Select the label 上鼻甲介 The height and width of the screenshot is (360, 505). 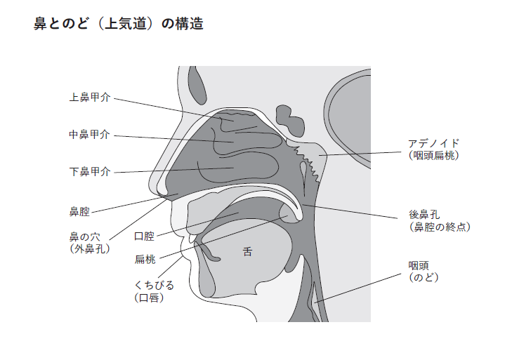[90, 98]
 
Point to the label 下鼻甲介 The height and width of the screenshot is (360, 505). [90, 171]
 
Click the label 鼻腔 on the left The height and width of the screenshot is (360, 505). [79, 211]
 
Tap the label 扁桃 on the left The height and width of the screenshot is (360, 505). [145, 259]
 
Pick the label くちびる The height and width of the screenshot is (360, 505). [154, 285]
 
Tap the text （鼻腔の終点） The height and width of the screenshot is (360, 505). [439, 227]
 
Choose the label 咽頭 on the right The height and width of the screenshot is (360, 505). [419, 265]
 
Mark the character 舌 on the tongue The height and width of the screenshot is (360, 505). [247, 251]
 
